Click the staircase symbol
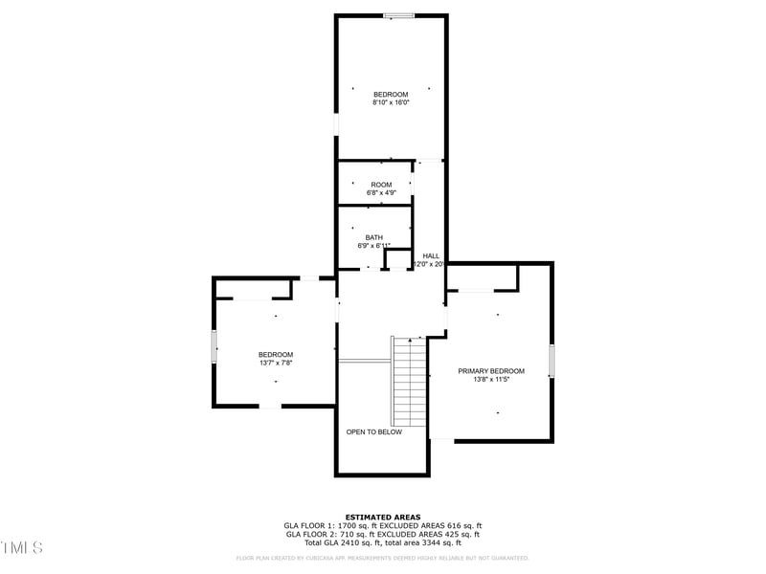click(410, 382)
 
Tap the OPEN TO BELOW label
click(373, 432)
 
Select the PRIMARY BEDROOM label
click(491, 371)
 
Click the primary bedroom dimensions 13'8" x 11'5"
click(491, 380)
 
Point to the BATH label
click(373, 237)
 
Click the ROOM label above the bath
click(381, 185)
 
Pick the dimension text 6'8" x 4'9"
click(381, 193)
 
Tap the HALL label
click(431, 255)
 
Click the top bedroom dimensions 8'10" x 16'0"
click(391, 102)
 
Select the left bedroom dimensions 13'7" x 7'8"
click(275, 364)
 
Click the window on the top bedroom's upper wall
click(399, 15)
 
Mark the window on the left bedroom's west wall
click(214, 345)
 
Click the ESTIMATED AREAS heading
click(383, 517)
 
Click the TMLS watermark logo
click(22, 547)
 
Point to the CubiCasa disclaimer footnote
click(383, 558)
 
